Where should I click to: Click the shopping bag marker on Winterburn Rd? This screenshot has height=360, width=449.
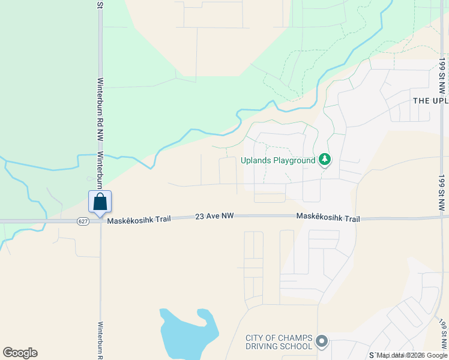click(100, 202)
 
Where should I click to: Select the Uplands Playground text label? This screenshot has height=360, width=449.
click(278, 160)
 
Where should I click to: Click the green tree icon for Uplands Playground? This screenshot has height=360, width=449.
click(325, 160)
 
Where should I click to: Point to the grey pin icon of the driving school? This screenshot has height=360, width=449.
click(322, 341)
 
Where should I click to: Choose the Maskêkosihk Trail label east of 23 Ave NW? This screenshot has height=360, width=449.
click(328, 218)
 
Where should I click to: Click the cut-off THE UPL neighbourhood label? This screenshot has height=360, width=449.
click(430, 100)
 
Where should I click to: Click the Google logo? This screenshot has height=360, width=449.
click(20, 353)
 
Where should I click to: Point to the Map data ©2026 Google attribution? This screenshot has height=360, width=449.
click(412, 355)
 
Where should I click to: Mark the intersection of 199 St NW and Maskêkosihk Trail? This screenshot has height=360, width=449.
click(442, 218)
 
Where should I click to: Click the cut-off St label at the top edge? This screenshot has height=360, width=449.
click(100, 4)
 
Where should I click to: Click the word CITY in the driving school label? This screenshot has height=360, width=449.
click(255, 337)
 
